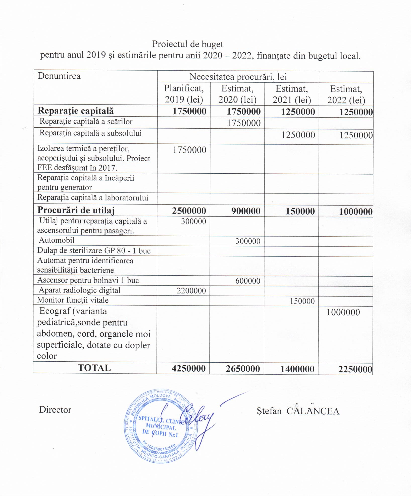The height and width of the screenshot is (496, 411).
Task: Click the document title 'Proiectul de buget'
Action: pos(188,44)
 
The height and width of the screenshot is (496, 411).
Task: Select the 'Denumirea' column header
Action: pos(59,76)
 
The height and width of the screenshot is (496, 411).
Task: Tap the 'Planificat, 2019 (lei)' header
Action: pos(184,94)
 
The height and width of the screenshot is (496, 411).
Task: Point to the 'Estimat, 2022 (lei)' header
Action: pos(346,94)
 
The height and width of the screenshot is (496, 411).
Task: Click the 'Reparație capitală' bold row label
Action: pos(76,111)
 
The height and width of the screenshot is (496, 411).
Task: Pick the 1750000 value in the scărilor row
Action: pos(244,123)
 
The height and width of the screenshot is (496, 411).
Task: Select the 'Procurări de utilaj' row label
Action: pos(76,210)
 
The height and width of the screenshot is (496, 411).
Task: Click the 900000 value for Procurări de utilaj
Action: pos(244,211)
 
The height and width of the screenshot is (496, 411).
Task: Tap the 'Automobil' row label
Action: pos(57,240)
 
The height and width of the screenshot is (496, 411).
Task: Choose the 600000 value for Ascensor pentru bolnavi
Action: pos(248,281)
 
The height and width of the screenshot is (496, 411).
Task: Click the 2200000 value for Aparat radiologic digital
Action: pos(191,291)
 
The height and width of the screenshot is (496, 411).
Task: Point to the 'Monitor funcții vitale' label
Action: pos(73,300)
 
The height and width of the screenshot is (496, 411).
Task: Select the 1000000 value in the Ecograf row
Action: pos(343,312)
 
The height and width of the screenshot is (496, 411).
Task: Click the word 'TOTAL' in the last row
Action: pos(94,368)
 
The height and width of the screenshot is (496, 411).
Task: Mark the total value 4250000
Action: pos(189,369)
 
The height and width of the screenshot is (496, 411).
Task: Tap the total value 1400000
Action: pos(297,369)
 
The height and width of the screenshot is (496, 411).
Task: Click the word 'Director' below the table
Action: pos(55,410)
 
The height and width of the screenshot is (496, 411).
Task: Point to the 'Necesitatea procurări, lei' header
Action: pos(238,77)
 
